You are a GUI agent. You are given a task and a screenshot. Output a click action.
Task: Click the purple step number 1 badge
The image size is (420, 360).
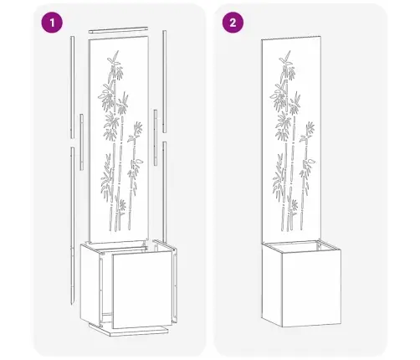click(52, 23)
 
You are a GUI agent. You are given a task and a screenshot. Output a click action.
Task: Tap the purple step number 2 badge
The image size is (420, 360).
click(233, 23)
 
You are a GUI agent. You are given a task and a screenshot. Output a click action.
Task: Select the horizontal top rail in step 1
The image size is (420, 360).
click(118, 29)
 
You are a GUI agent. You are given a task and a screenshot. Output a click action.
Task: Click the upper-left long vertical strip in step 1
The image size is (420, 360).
click(73, 87)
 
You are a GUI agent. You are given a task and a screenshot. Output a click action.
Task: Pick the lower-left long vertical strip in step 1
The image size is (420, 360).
click(73, 225)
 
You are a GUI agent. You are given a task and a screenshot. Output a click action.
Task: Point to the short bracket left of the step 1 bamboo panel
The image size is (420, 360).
click(81, 142)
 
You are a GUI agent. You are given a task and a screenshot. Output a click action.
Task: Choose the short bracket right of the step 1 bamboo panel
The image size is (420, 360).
click(156, 137)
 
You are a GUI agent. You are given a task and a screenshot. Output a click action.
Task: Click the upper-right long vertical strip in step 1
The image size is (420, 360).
click(165, 81)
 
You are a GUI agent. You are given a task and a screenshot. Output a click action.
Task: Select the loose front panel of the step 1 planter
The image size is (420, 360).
click(142, 289)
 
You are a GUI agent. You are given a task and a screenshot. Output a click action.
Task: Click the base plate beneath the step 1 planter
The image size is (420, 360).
click(129, 330)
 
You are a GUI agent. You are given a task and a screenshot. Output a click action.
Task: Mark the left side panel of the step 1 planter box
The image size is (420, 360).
click(90, 285)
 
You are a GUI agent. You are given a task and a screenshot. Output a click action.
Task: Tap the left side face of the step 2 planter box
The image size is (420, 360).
click(272, 285)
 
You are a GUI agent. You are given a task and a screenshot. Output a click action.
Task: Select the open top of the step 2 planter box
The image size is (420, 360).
click(301, 246)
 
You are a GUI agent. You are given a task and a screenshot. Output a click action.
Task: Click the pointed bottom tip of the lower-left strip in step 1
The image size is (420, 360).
click(73, 304)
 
